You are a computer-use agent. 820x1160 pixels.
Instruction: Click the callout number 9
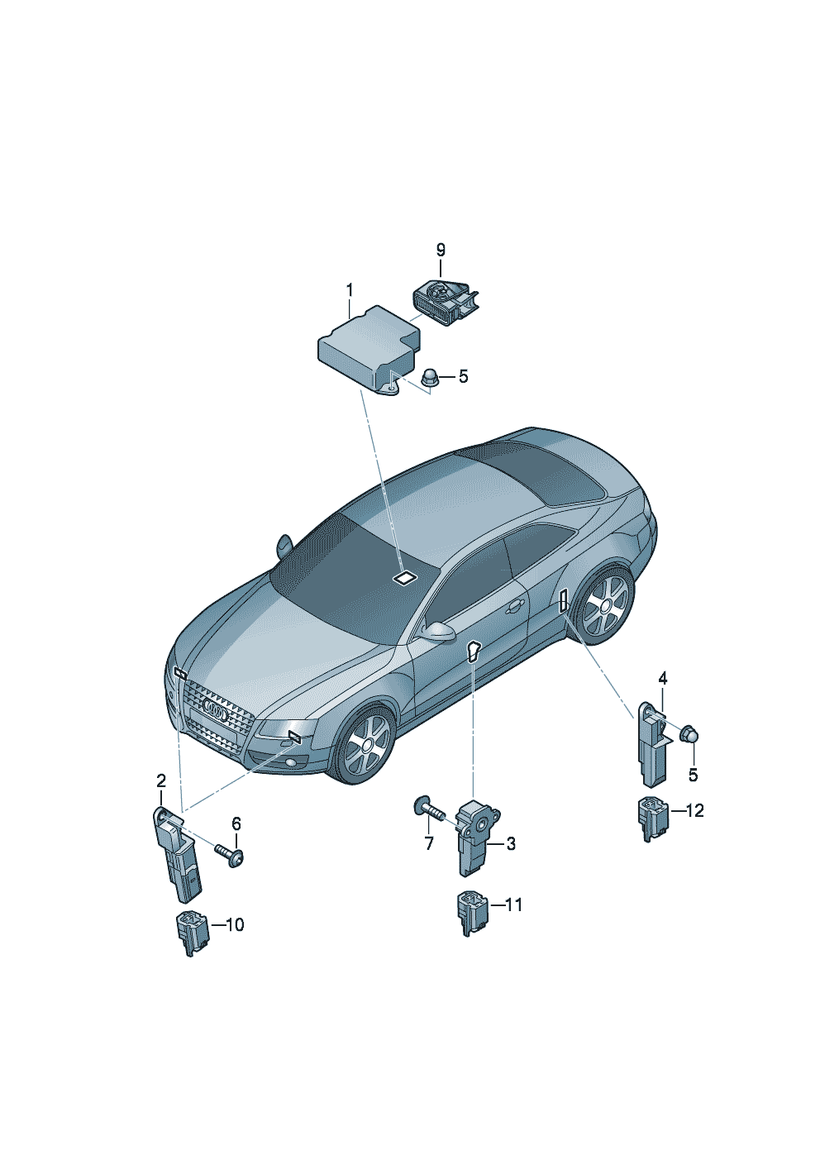[441, 251]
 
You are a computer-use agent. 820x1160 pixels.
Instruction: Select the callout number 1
[350, 290]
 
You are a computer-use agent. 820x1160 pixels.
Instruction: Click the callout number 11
[514, 905]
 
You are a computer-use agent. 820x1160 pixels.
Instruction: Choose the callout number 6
[236, 823]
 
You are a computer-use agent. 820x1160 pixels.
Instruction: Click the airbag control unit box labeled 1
[368, 351]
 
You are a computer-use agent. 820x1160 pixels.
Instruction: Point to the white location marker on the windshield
[406, 578]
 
